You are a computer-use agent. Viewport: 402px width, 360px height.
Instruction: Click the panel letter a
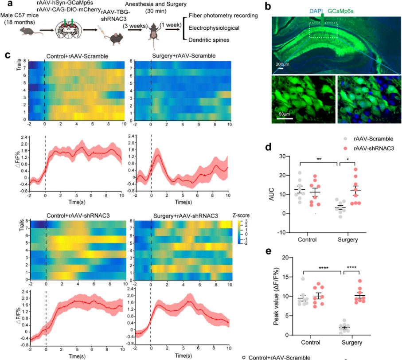click(5, 6)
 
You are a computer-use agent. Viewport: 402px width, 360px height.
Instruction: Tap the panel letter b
click(268, 6)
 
